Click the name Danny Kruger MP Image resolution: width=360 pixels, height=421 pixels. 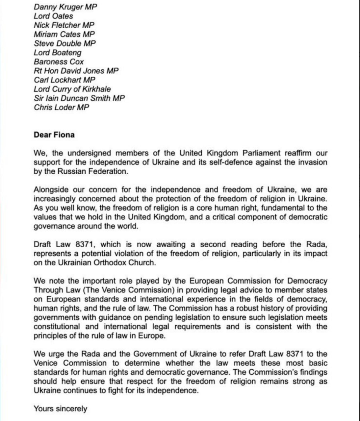pyautogui.click(x=65, y=7)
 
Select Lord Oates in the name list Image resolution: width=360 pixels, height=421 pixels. pyautogui.click(x=53, y=16)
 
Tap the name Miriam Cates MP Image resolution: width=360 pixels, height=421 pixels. pyautogui.click(x=64, y=34)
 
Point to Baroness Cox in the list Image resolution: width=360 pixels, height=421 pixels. pyautogui.click(x=59, y=62)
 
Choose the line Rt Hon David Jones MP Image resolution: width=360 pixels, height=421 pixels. pyautogui.click(x=76, y=71)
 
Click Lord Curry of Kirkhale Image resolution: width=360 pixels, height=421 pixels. pyautogui.click(x=72, y=89)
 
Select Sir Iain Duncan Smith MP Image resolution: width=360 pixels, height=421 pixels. pyautogui.click(x=79, y=98)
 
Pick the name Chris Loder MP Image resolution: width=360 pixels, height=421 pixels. pyautogui.click(x=61, y=107)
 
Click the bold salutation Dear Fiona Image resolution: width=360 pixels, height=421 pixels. pyautogui.click(x=54, y=135)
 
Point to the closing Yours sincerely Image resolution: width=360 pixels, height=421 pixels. pyautogui.click(x=60, y=409)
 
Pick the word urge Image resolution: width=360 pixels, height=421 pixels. pyautogui.click(x=55, y=354)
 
